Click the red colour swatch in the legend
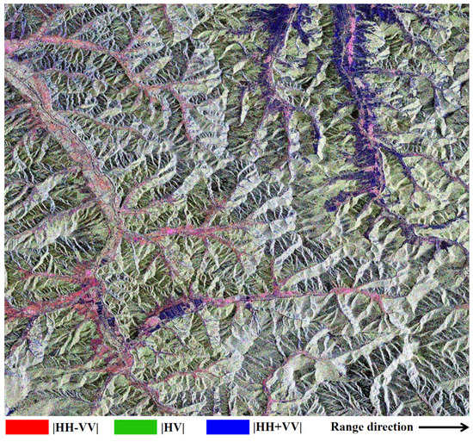[x=25, y=426]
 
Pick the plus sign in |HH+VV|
[x=277, y=426]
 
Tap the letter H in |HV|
[x=171, y=426]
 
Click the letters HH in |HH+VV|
[x=263, y=426]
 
